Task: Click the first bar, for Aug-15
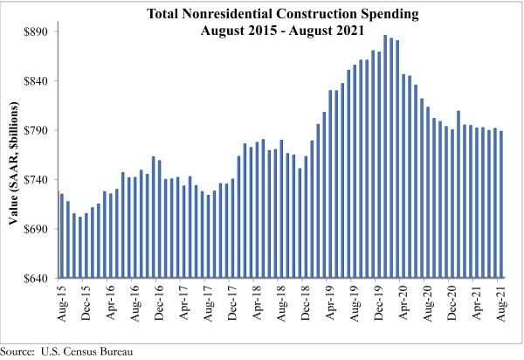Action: click(x=61, y=236)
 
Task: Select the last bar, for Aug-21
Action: click(x=501, y=204)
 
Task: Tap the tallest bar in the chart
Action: click(x=385, y=156)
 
